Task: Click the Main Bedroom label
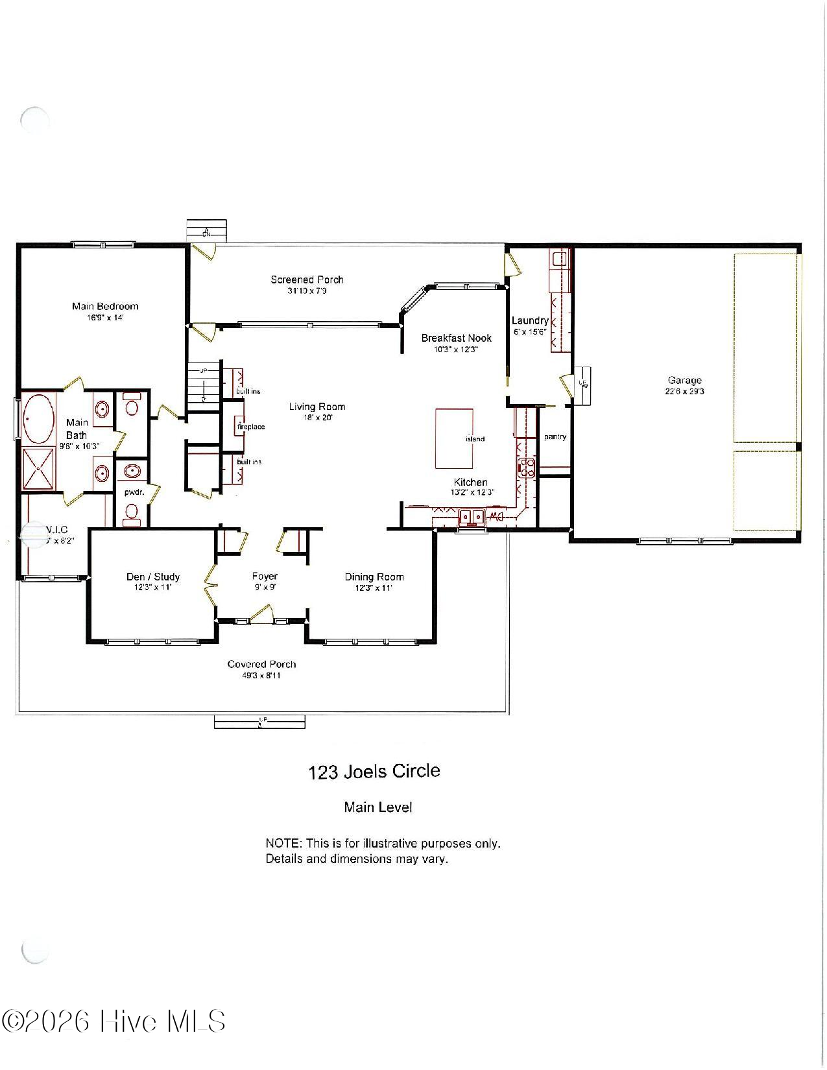(x=105, y=306)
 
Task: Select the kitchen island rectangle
(x=453, y=438)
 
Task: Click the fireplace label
(x=251, y=427)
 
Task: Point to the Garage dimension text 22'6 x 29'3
(x=684, y=392)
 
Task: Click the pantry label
(x=555, y=437)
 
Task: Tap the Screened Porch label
(x=307, y=279)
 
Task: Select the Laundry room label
(x=530, y=320)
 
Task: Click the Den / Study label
(x=152, y=577)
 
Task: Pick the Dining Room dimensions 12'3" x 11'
(x=374, y=588)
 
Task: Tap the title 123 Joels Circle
(x=374, y=772)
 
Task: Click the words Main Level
(x=378, y=807)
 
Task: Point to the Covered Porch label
(x=261, y=664)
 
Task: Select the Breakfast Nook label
(x=456, y=338)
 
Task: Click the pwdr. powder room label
(x=134, y=492)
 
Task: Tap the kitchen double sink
(x=472, y=517)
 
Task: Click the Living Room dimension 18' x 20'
(x=317, y=418)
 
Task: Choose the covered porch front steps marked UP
(x=259, y=721)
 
